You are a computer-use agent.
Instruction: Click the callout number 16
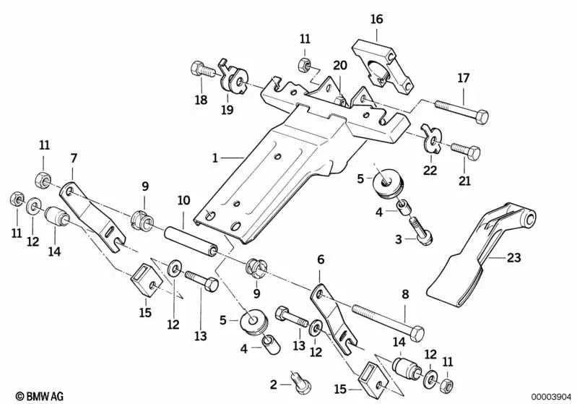(x=378, y=18)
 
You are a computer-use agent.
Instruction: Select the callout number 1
(x=214, y=156)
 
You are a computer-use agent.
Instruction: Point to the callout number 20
(x=339, y=66)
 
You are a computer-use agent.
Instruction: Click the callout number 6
(x=321, y=259)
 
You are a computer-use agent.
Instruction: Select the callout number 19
(x=227, y=111)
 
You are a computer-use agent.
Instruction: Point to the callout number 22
(x=430, y=170)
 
